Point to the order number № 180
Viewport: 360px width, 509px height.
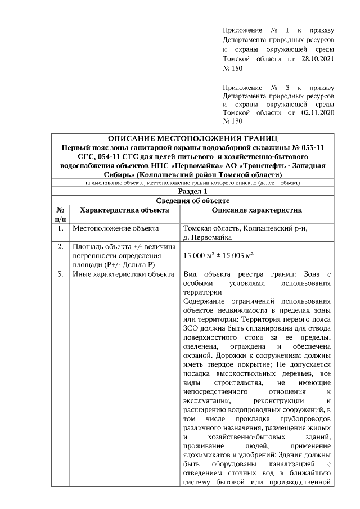point(233,121)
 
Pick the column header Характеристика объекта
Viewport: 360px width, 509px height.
point(124,210)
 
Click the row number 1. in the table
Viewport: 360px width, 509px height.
point(60,229)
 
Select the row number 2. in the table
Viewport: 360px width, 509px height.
point(60,247)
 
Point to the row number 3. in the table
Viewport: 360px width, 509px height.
point(60,274)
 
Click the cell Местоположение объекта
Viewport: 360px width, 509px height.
point(111,229)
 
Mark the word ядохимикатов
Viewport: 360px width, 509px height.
point(205,455)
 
